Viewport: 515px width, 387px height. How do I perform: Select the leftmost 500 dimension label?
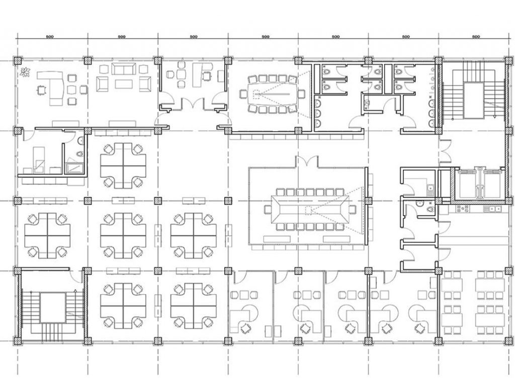[50, 37]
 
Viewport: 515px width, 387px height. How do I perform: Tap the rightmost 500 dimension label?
[476, 37]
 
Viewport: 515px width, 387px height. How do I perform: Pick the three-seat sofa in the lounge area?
[124, 69]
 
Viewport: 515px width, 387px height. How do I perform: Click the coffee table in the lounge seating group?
[124, 84]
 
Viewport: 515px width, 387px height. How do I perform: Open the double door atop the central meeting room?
[307, 161]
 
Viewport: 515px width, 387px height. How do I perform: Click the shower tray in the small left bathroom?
[75, 168]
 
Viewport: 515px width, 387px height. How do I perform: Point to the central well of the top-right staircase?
[473, 101]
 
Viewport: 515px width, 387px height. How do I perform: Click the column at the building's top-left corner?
[18, 60]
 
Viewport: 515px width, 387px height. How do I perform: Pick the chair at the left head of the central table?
[267, 209]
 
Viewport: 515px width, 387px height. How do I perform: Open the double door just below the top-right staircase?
[446, 151]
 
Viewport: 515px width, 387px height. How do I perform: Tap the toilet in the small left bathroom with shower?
[79, 154]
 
